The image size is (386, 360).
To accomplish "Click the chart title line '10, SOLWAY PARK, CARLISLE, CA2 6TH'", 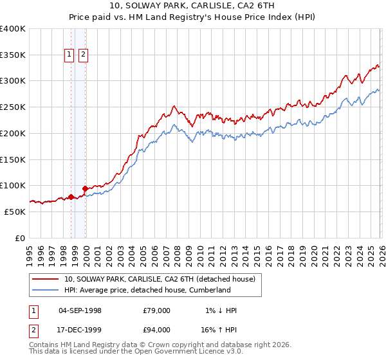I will [193, 7].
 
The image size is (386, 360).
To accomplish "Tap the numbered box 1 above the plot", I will [69, 55].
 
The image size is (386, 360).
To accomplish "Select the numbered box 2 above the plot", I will [84, 55].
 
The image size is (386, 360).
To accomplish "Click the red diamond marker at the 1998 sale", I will [71, 197].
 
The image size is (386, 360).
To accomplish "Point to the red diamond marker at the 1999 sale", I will [86, 189].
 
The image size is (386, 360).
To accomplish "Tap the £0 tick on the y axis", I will [21, 238].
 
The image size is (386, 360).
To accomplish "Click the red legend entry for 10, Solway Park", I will [160, 279].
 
